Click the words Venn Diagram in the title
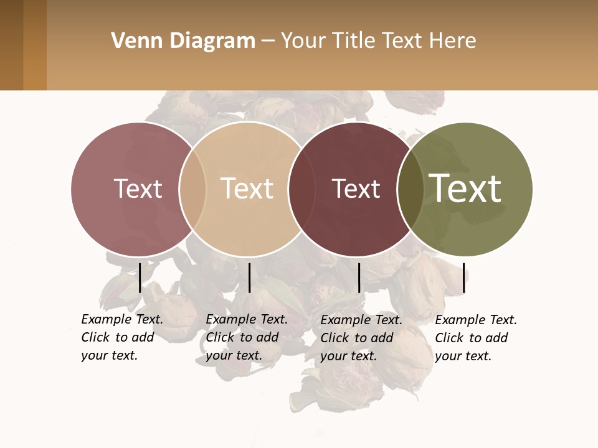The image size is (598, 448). tap(183, 41)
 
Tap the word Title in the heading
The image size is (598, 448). tap(353, 41)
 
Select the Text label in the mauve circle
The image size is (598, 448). tap(138, 189)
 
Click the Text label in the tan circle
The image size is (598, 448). tap(247, 189)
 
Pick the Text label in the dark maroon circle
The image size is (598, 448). tap(356, 189)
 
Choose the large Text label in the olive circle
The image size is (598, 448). tap(465, 188)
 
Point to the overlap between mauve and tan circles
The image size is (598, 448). tap(192, 189)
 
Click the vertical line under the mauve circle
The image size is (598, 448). tap(140, 278)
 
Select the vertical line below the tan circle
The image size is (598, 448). tap(249, 278)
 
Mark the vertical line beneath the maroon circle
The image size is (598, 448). tap(359, 278)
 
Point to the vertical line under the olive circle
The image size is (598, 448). tap(463, 278)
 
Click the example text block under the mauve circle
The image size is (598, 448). tap(122, 337)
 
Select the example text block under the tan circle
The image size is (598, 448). tap(247, 337)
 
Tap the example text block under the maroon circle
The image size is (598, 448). tap(361, 338)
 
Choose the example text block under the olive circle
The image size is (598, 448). tap(476, 338)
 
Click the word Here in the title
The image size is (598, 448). tap(453, 41)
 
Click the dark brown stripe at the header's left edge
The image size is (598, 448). tap(11, 45)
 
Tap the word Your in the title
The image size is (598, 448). tap(303, 41)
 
